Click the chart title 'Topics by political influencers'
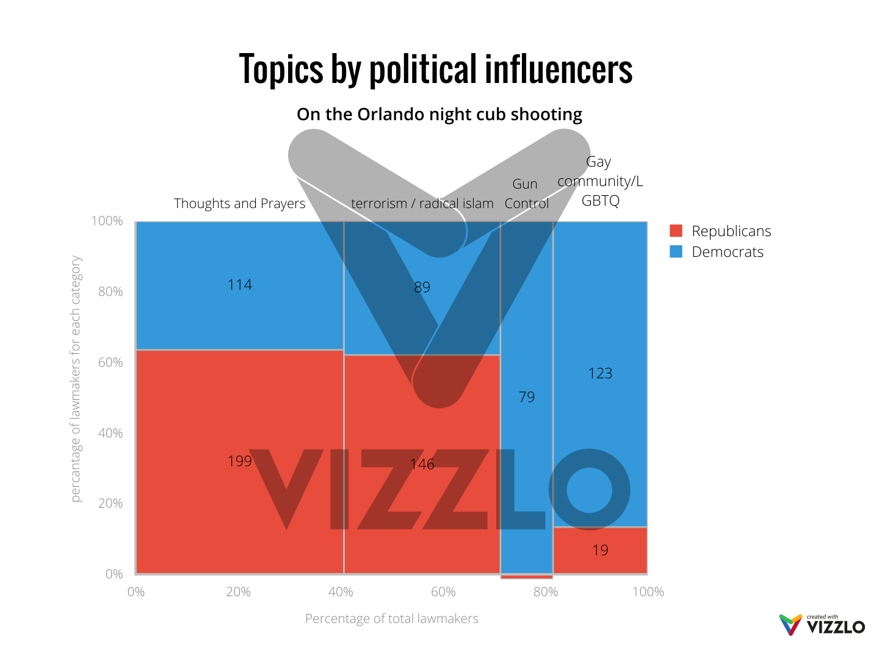pyautogui.click(x=436, y=70)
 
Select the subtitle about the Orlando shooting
pyautogui.click(x=440, y=115)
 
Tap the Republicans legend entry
pyautogui.click(x=721, y=231)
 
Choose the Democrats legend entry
pyautogui.click(x=717, y=252)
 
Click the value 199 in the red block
pyautogui.click(x=240, y=461)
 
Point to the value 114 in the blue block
pyautogui.click(x=240, y=285)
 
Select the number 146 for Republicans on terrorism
pyautogui.click(x=422, y=464)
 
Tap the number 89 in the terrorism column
pyautogui.click(x=422, y=287)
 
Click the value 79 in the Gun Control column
pyautogui.click(x=527, y=397)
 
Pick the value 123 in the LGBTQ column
pyautogui.click(x=600, y=373)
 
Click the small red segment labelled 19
pyautogui.click(x=600, y=550)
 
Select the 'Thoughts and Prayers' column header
pyautogui.click(x=240, y=204)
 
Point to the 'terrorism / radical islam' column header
pyautogui.click(x=422, y=204)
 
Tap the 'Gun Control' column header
pyautogui.click(x=526, y=194)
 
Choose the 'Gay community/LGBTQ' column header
pyautogui.click(x=600, y=181)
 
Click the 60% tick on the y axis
pyautogui.click(x=110, y=362)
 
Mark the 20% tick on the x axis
pyautogui.click(x=239, y=592)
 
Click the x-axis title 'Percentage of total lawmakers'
pyautogui.click(x=392, y=619)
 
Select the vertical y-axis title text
pyautogui.click(x=76, y=378)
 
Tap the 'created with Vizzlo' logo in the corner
pyautogui.click(x=822, y=625)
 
